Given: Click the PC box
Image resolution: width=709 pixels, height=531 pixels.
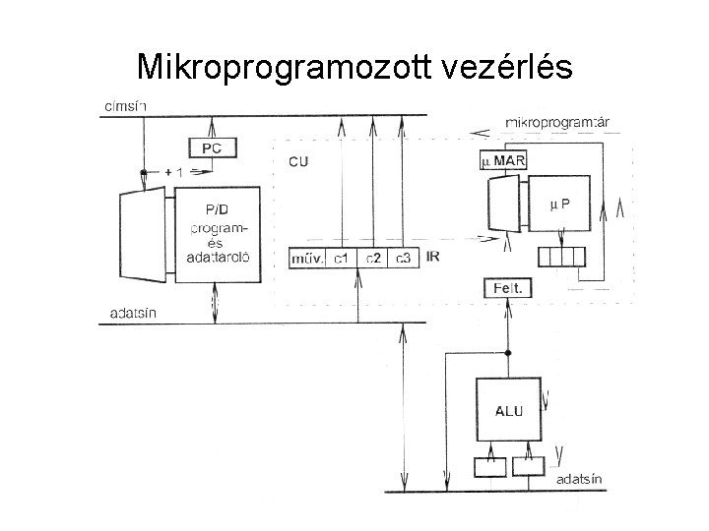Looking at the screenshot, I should tap(213, 147).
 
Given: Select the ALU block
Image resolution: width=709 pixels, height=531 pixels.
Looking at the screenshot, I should tap(510, 411).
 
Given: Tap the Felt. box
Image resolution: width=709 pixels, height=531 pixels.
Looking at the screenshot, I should tap(508, 288).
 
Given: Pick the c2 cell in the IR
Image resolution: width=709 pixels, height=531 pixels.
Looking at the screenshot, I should tap(373, 258).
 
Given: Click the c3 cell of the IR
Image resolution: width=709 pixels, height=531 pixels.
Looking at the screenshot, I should tap(403, 258).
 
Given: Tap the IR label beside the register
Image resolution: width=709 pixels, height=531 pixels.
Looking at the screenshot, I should tap(433, 258).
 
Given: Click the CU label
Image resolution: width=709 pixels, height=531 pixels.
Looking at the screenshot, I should tap(297, 160).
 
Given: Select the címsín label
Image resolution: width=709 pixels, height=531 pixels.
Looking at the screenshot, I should tap(123, 105).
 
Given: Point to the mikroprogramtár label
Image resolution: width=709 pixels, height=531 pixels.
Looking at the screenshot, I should tap(557, 122).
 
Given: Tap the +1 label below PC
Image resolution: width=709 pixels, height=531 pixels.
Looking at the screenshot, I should tap(173, 172).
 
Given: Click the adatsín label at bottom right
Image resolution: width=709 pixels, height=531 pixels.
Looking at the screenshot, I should tap(580, 480).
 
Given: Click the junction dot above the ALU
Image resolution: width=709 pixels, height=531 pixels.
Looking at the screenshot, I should tap(509, 351).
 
